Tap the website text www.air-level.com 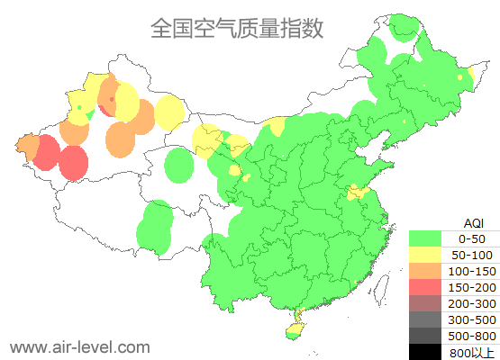point(79,346)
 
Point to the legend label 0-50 point(471,239)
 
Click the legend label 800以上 point(471,352)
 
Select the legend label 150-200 point(471,287)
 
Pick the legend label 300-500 point(471,319)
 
